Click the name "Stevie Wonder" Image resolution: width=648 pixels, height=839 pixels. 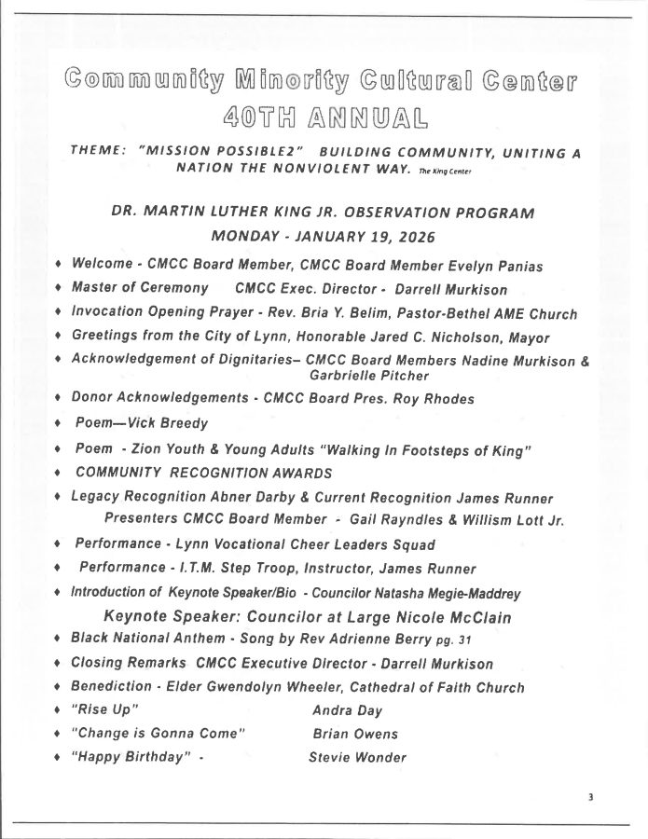(x=357, y=757)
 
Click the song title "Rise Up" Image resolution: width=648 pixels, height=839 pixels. (x=98, y=710)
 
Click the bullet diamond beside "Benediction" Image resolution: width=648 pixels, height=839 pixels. (x=58, y=688)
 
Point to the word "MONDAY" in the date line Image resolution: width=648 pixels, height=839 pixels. (x=245, y=235)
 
